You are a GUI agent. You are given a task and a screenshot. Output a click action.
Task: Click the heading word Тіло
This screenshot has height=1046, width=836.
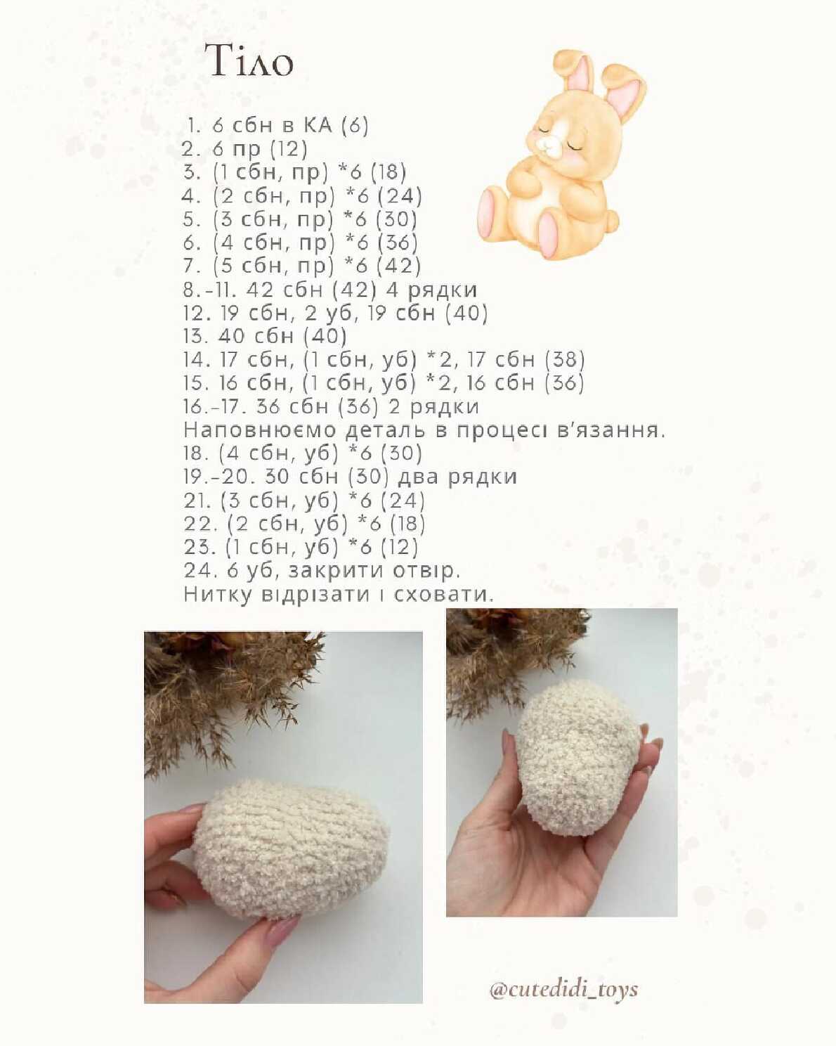pos(249,60)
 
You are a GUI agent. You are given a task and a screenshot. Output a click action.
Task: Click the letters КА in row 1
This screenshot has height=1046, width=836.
pos(318,125)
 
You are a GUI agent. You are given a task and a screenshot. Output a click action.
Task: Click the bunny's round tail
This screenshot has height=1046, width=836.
pos(611,219)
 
